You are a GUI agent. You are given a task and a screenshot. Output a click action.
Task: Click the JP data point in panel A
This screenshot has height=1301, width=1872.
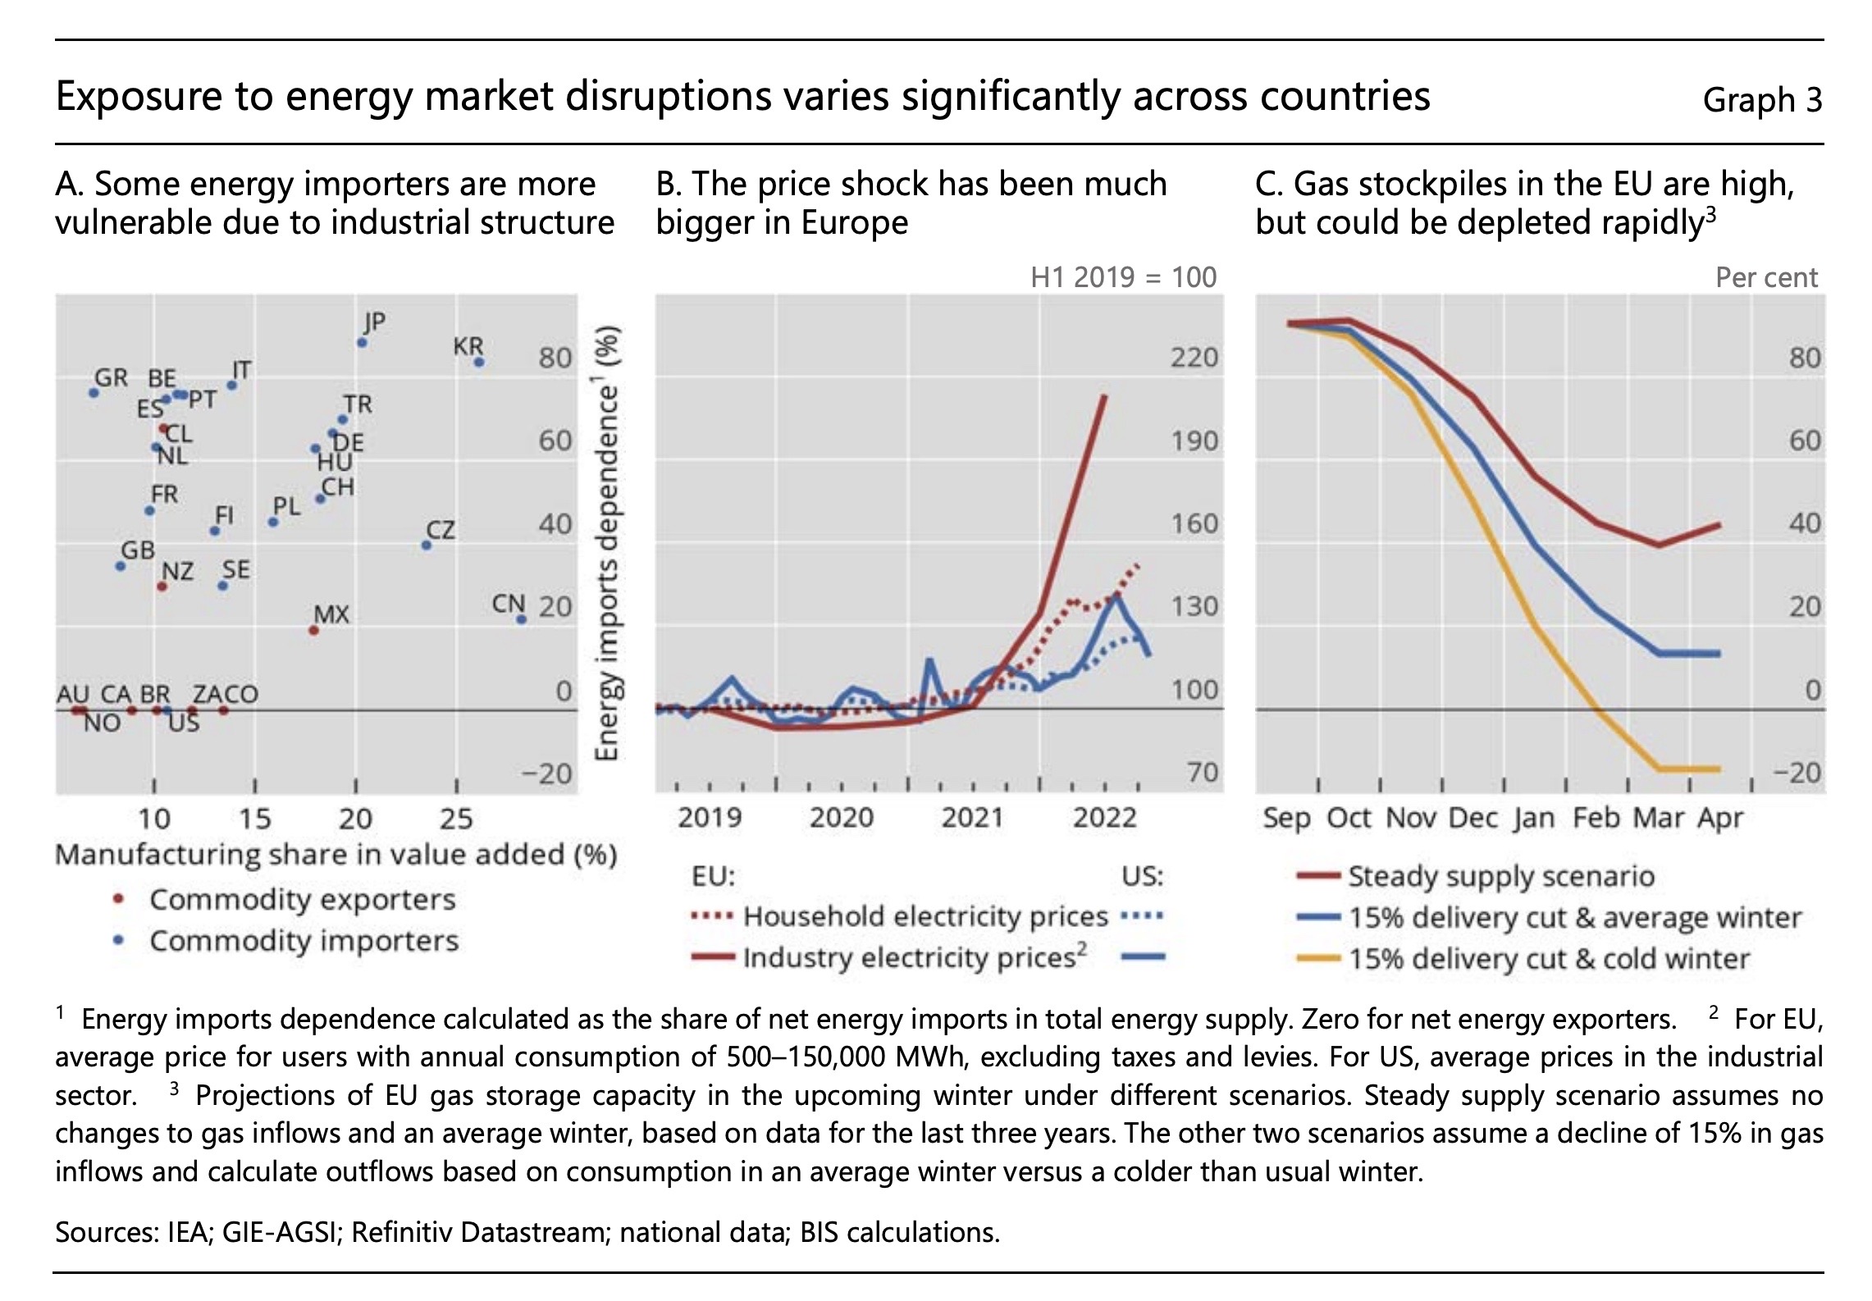point(362,342)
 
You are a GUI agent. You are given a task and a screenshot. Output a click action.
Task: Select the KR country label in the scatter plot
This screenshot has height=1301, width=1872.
point(468,345)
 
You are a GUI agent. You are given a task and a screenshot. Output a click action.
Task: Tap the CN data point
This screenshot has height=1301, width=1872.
point(521,619)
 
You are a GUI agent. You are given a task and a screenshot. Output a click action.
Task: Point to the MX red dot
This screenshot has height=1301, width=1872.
point(313,630)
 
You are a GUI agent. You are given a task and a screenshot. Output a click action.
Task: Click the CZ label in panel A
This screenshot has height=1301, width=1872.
point(441,529)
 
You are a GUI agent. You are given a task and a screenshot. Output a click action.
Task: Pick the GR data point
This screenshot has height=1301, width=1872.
point(94,392)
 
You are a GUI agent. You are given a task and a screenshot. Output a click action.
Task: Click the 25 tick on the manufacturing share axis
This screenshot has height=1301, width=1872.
point(456,818)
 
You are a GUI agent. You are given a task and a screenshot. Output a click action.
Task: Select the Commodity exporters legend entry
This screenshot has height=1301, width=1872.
point(302,899)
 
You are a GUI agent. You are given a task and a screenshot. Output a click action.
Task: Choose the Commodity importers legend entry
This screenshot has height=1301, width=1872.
point(304,940)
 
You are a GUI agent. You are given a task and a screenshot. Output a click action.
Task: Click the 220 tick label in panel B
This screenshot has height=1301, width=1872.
point(1194,358)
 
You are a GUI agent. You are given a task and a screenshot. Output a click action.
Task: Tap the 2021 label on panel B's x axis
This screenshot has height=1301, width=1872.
point(972,817)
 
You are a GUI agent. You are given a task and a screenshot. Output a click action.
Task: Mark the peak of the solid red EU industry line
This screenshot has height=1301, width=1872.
point(1104,396)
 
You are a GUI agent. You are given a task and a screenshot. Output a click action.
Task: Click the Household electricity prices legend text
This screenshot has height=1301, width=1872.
point(925,916)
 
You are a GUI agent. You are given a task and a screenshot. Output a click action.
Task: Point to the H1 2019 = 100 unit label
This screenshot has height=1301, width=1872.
point(1123,277)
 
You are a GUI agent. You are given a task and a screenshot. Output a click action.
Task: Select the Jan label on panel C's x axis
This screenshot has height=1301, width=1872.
point(1534,818)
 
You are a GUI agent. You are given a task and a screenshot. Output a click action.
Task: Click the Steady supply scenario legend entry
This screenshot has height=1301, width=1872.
point(1500,876)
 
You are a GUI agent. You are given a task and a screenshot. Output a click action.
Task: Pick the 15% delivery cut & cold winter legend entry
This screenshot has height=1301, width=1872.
point(1549,958)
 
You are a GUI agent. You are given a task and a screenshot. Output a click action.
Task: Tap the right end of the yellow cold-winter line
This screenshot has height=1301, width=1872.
point(1719,769)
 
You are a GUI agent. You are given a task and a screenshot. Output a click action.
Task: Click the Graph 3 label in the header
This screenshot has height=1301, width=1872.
point(1762,100)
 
